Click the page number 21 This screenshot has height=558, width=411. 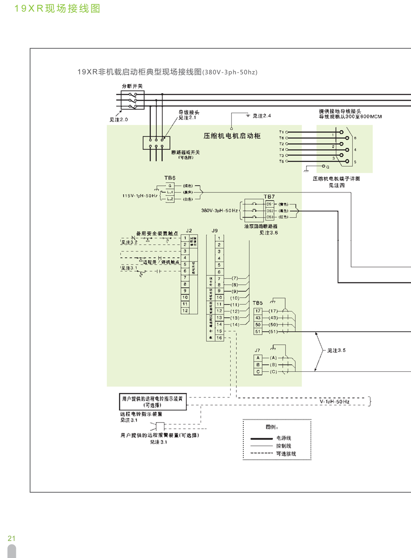pyautogui.click(x=12, y=539)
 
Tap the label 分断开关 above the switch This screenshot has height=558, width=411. pyautogui.click(x=132, y=86)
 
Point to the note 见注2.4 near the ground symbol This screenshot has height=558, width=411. pyautogui.click(x=262, y=116)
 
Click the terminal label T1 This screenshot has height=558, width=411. pyautogui.click(x=281, y=132)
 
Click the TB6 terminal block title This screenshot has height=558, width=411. pyautogui.click(x=170, y=178)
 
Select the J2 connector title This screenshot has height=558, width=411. pyautogui.click(x=189, y=231)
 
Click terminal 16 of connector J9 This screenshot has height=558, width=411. pyautogui.click(x=219, y=338)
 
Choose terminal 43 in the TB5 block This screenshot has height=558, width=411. pyautogui.click(x=258, y=317)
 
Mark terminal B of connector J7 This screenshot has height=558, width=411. pyautogui.click(x=258, y=364)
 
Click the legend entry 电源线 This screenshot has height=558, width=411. pyautogui.click(x=284, y=438)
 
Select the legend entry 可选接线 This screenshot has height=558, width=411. pyautogui.click(x=286, y=454)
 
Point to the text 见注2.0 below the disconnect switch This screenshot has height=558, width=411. pyautogui.click(x=119, y=118)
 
